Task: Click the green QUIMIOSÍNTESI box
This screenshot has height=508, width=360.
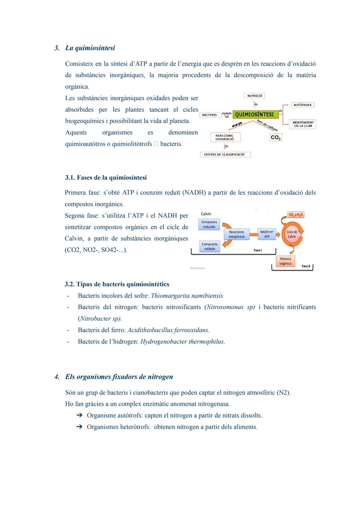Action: point(255,115)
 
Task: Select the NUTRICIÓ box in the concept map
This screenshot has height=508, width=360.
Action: point(255,96)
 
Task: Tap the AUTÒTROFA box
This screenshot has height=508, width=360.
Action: point(302,105)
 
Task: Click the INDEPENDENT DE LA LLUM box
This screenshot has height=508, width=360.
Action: point(303,124)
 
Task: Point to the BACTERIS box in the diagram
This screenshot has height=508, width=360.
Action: point(210,115)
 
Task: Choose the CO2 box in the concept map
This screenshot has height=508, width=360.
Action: point(275,138)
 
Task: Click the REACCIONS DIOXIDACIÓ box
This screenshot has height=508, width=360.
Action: point(225,137)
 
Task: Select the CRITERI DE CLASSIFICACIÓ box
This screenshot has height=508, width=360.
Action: point(224,155)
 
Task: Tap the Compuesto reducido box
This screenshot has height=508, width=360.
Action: point(209,225)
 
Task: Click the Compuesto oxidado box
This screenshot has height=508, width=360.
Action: point(209,247)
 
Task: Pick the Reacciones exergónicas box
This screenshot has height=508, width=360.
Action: point(237,234)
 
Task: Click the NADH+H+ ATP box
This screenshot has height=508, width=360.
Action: point(267,234)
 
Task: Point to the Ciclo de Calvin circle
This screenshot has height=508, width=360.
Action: point(292,234)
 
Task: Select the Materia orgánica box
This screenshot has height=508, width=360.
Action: point(285,261)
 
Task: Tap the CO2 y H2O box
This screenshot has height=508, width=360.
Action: point(296,215)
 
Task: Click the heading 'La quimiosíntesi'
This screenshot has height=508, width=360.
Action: point(90,48)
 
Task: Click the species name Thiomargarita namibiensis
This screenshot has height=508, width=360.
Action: point(187,296)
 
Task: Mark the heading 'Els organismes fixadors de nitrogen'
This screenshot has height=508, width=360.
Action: point(119,377)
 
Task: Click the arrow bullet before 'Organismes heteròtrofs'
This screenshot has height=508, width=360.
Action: point(79,427)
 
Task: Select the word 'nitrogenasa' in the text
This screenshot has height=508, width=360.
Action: point(213,404)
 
